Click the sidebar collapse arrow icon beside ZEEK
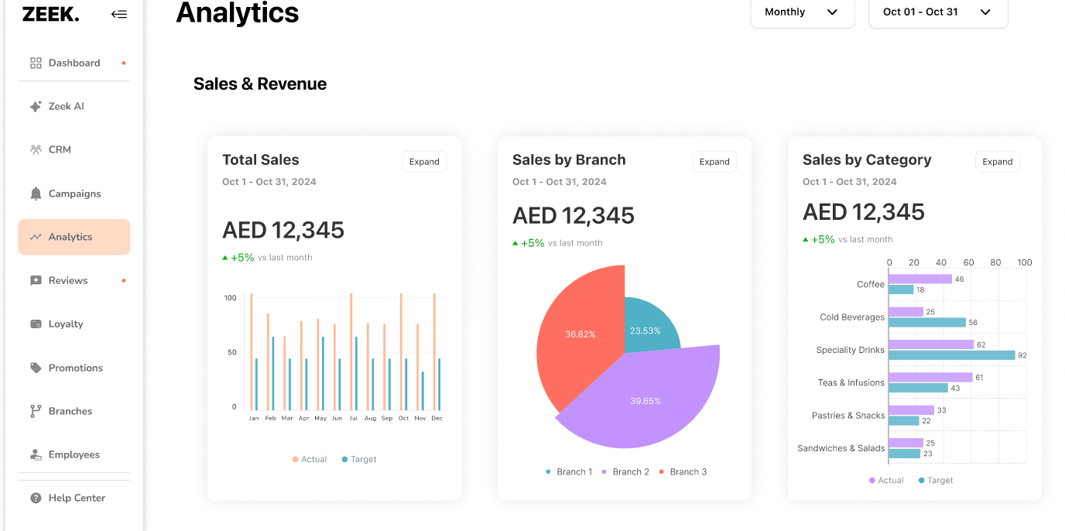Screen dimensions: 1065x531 [x=119, y=14]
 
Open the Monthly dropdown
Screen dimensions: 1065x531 [x=802, y=12]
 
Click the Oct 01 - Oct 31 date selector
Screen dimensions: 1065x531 [x=938, y=12]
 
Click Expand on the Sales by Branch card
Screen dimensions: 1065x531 [x=714, y=162]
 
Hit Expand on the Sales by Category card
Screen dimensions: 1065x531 [x=998, y=162]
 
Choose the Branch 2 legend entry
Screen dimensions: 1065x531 [x=625, y=471]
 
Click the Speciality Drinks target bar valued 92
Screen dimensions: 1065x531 [x=952, y=355]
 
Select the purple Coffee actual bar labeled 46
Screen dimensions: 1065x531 [x=920, y=279]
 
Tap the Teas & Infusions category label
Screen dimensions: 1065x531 [x=851, y=382]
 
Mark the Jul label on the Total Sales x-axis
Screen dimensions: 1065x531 [x=353, y=418]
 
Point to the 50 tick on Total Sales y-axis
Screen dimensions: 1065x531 [x=232, y=352]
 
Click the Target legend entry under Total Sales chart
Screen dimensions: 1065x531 [x=359, y=459]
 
